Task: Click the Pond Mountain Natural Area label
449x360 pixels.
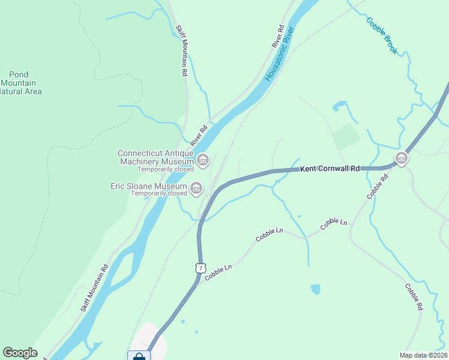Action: [x=20, y=83]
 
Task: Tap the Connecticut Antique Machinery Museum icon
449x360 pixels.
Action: [x=203, y=160]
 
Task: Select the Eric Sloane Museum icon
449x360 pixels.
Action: [x=196, y=189]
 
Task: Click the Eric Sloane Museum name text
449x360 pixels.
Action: [x=148, y=186]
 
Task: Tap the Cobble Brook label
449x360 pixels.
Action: [x=382, y=36]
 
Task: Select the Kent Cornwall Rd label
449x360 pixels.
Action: [x=330, y=169]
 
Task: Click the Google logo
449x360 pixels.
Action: [x=20, y=353]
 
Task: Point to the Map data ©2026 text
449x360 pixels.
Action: [x=423, y=355]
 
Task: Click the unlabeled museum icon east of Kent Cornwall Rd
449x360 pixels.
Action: [x=401, y=158]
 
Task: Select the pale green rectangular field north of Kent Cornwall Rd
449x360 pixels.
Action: [x=346, y=137]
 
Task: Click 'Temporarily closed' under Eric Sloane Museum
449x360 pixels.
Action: [x=159, y=194]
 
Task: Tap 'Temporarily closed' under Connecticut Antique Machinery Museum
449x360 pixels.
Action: [x=165, y=169]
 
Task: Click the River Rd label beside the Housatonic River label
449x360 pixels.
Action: [x=277, y=37]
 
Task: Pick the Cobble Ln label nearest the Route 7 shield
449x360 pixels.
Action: [x=217, y=270]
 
